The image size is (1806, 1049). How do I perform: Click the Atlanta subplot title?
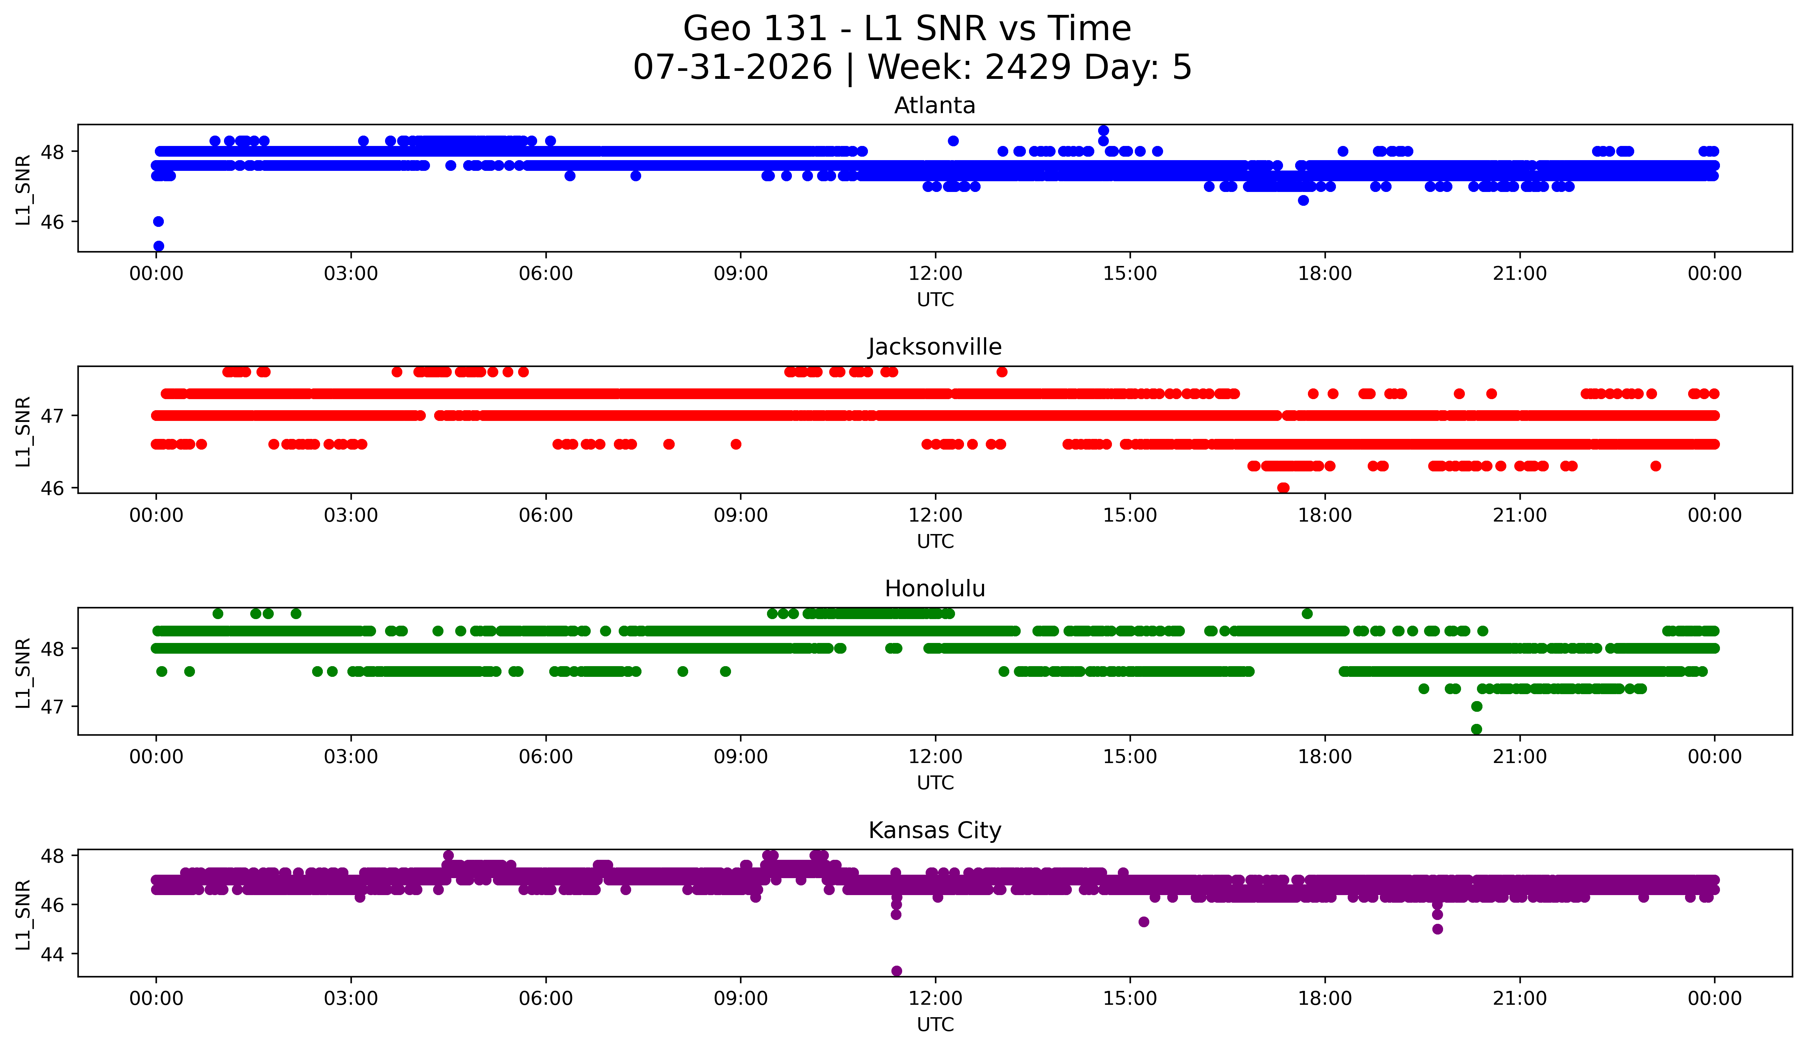pos(935,105)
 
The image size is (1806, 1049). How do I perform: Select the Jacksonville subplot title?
pos(935,347)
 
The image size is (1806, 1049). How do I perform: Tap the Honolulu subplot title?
pos(935,589)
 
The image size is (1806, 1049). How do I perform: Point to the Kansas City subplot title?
pos(935,830)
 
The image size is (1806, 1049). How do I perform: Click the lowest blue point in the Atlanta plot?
pos(158,246)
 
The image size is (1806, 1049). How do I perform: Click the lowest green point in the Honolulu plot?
pos(1476,729)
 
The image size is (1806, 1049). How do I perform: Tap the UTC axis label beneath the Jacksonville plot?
pos(935,541)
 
